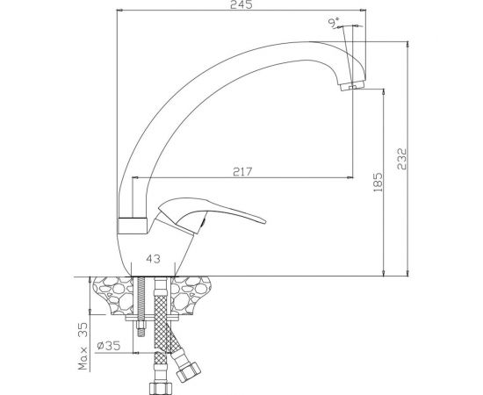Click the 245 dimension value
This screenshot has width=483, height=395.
tap(241, 4)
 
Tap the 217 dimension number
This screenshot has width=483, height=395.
tap(242, 171)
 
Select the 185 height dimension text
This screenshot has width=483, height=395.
tap(378, 183)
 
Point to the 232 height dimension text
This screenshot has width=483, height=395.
tap(402, 159)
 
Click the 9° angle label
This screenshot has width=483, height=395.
tap(334, 23)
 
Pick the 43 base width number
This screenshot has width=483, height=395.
tap(153, 259)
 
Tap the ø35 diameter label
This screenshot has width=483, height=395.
tap(108, 346)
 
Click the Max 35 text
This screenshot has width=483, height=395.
tap(83, 346)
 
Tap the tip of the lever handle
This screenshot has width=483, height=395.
tap(264, 222)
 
